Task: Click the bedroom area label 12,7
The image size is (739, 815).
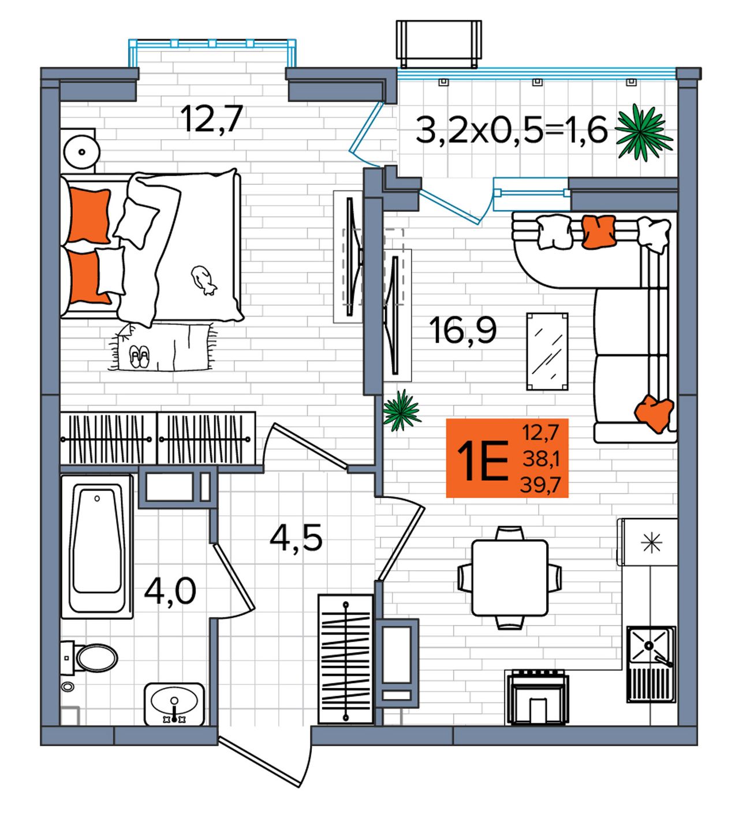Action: [211, 118]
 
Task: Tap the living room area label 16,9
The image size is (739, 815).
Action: [462, 330]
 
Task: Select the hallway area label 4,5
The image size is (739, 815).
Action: [296, 538]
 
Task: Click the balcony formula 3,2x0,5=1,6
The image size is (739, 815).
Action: [512, 129]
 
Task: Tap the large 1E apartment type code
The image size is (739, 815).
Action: [483, 461]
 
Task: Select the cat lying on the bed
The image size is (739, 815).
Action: [204, 280]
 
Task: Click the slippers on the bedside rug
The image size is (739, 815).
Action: [139, 357]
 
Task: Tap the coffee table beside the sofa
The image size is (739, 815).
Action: [547, 351]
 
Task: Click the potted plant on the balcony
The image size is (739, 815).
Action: [643, 132]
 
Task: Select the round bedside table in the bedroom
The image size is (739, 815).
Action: [81, 152]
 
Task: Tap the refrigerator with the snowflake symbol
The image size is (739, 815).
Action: [648, 542]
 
